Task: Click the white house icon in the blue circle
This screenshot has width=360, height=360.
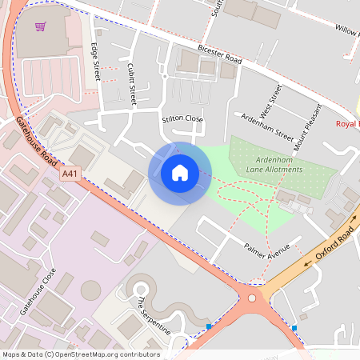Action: (x=179, y=172)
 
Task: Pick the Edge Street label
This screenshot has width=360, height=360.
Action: (x=95, y=60)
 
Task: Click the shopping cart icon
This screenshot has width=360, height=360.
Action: (x=40, y=26)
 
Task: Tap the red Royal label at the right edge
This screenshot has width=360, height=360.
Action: (x=347, y=124)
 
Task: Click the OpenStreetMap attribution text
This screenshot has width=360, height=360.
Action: (x=81, y=354)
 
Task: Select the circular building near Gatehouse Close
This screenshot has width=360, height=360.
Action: (x=92, y=287)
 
